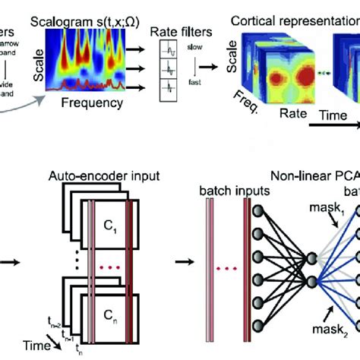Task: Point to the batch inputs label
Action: click(x=229, y=192)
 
